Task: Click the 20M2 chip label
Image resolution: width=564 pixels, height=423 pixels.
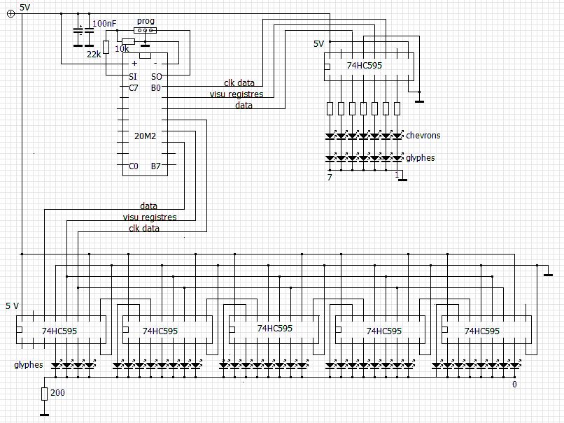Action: coord(145,136)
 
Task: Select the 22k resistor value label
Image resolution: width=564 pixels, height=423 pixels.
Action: coord(94,55)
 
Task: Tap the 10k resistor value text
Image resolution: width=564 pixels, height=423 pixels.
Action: coord(122,49)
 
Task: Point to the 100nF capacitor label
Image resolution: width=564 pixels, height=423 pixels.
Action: coord(104,24)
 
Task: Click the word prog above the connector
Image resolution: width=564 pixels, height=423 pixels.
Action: coord(146,21)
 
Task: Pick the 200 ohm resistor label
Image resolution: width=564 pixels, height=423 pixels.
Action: coord(57,392)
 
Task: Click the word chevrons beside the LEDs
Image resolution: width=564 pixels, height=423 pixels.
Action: coord(423,136)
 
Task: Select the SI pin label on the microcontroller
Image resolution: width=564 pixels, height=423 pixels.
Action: coord(133,76)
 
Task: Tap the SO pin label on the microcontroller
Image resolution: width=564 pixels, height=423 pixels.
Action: coord(157,76)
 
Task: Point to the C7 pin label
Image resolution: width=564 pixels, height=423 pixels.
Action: coord(134,87)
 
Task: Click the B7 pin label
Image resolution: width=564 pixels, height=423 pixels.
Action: coord(156,166)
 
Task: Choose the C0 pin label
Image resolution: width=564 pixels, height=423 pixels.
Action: coord(134,166)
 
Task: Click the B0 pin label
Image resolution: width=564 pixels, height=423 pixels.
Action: coord(156,87)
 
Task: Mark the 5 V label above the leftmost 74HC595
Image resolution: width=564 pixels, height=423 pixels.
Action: coord(12,306)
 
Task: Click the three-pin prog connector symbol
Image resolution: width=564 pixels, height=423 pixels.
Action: coord(146,31)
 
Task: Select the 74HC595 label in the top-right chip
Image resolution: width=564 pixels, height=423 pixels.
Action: coord(365,66)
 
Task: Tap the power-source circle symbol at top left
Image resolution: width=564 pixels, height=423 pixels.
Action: coord(11,14)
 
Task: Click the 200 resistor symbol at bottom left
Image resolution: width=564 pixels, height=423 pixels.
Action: coord(44,394)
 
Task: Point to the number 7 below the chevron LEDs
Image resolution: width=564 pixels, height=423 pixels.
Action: coord(330,177)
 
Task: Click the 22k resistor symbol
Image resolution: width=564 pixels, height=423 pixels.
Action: coord(106,47)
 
